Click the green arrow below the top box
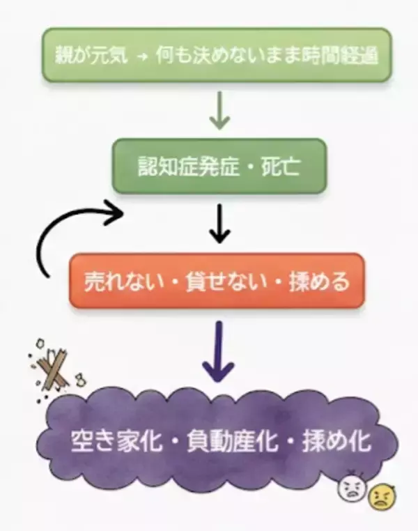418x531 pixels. (x=220, y=110)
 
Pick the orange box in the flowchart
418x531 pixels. (x=216, y=280)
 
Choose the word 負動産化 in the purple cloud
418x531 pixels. (x=219, y=441)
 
